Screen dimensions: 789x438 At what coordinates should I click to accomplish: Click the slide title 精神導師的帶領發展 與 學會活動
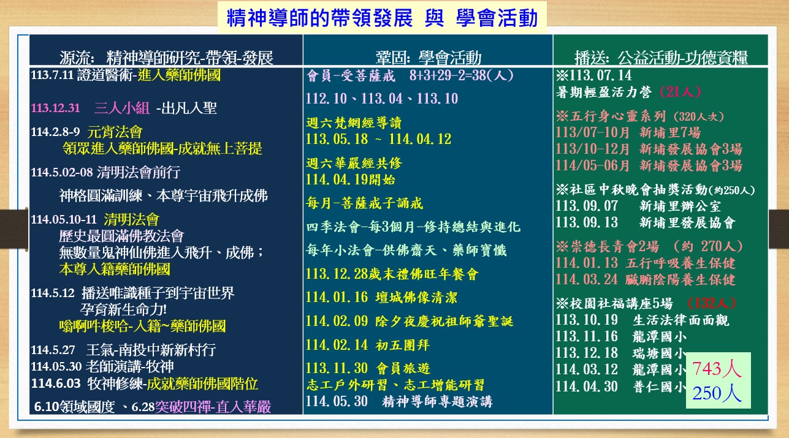382,18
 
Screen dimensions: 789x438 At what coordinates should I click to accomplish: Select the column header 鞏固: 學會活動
429,58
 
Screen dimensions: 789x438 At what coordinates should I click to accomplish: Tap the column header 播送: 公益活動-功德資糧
661,58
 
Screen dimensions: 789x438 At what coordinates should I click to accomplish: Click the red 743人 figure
717,369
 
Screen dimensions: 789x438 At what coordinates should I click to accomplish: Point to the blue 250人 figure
717,393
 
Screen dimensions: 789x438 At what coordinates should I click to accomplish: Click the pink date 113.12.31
56,108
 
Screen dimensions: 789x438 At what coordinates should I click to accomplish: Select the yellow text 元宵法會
115,132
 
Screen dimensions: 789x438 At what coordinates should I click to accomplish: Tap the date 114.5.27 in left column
53,350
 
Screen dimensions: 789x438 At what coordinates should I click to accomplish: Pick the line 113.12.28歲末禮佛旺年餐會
392,274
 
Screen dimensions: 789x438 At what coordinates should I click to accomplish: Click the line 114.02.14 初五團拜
368,345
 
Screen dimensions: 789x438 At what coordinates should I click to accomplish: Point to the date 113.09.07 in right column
587,206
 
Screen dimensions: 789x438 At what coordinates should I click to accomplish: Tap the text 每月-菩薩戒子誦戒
364,203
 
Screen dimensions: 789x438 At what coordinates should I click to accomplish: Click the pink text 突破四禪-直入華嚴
213,407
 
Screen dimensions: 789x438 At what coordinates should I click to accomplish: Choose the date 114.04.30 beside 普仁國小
587,387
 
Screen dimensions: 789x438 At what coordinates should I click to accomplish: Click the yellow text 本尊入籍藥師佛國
115,270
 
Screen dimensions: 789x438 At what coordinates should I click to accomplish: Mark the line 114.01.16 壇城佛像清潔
381,298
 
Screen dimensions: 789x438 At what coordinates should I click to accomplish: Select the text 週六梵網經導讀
354,123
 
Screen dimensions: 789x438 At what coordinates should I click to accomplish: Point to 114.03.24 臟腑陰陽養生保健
646,279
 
